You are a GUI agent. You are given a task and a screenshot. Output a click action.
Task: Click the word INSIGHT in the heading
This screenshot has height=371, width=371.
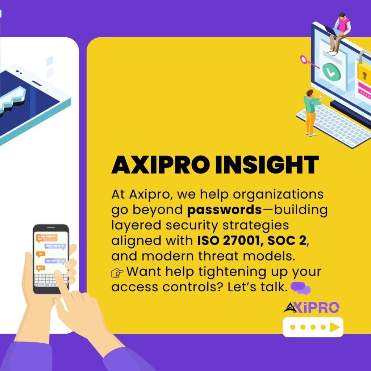pos(267,165)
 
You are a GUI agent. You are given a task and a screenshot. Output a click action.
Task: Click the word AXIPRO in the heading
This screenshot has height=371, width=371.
pos(161,165)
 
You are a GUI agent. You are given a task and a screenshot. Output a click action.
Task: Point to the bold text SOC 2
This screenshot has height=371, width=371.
pos(287,241)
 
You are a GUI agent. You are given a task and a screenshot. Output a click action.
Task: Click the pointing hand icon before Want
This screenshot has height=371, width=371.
pos(117,273)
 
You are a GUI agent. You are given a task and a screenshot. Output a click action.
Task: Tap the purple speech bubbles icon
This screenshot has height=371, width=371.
pos(300,288)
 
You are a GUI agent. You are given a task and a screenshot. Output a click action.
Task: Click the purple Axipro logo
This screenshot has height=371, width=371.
pos(311,307)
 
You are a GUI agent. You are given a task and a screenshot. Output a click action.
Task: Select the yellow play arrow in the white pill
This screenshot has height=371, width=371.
pos(334,327)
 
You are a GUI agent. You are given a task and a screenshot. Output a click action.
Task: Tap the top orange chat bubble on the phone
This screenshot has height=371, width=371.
pos(47,238)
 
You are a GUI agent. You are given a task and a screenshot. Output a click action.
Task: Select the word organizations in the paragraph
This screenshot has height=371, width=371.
pos(278,195)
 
